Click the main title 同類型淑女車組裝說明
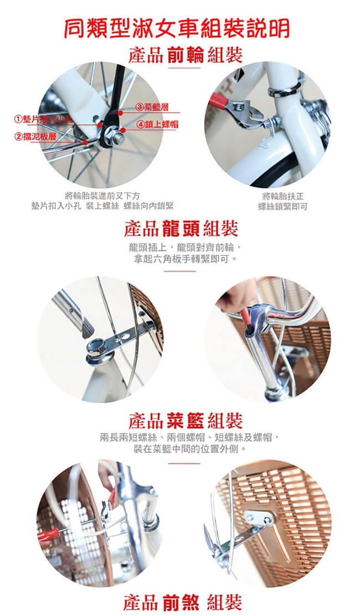pyautogui.click(x=177, y=28)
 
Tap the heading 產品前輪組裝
pyautogui.click(x=186, y=55)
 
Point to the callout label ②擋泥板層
pyautogui.click(x=35, y=136)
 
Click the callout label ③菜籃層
pyautogui.click(x=152, y=107)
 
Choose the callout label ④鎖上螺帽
pyautogui.click(x=158, y=124)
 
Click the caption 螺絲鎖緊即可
pyautogui.click(x=282, y=206)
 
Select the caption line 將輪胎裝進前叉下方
pyautogui.click(x=102, y=195)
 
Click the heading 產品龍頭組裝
pyautogui.click(x=181, y=229)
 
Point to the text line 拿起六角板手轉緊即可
pyautogui.click(x=185, y=259)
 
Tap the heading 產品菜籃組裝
pyautogui.click(x=185, y=421)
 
